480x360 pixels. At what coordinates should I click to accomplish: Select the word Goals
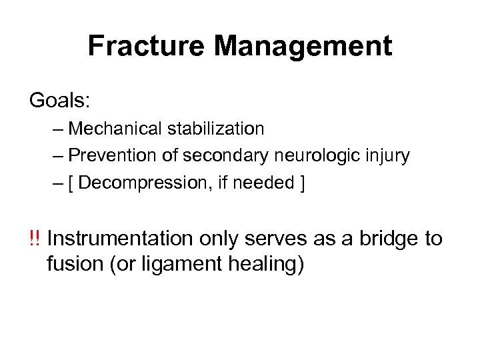click(x=58, y=101)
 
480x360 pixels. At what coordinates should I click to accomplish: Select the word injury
click(x=391, y=155)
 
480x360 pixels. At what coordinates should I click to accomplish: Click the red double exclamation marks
click(x=35, y=239)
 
